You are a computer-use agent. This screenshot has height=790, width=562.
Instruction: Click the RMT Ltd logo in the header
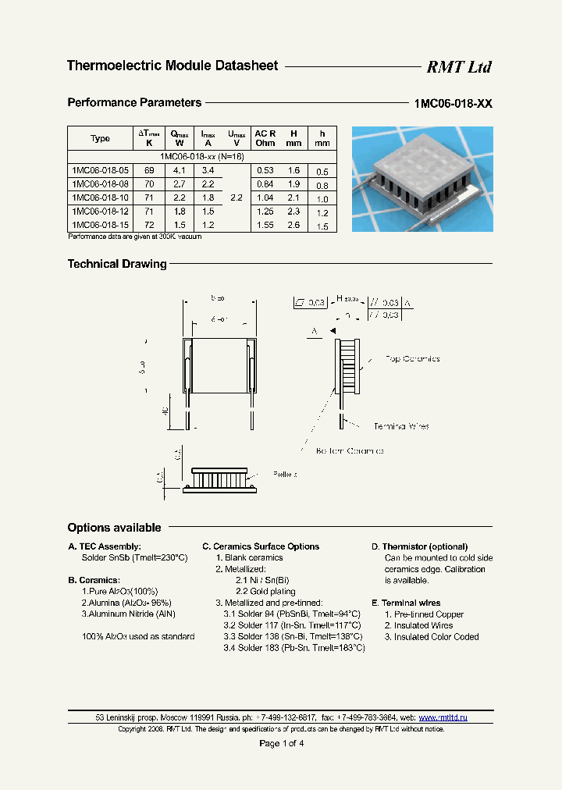click(x=458, y=67)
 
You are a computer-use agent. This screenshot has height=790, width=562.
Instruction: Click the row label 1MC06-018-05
click(x=100, y=170)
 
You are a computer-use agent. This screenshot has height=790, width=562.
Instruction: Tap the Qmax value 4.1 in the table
click(x=179, y=170)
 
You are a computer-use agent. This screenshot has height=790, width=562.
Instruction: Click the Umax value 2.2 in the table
click(x=237, y=198)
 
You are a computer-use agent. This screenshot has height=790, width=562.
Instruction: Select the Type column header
click(x=100, y=138)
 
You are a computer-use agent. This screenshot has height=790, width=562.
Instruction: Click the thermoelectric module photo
click(x=422, y=179)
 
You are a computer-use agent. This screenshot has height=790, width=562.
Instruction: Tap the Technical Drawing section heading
click(x=117, y=265)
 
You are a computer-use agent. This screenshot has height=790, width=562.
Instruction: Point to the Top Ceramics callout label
click(x=412, y=359)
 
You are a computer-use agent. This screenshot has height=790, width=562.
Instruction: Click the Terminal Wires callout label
click(x=401, y=426)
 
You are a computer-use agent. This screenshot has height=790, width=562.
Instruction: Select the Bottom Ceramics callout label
click(x=350, y=451)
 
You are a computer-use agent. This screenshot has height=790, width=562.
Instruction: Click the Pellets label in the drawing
click(x=285, y=474)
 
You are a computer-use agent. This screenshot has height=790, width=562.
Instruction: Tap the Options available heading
click(x=114, y=528)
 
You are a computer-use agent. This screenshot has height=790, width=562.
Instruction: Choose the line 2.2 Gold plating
click(x=265, y=592)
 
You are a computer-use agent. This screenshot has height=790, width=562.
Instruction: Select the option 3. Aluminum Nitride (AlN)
click(x=128, y=614)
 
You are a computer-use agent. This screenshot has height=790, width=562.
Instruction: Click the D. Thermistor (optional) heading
click(x=419, y=546)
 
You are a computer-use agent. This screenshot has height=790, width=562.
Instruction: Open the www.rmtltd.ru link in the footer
click(x=443, y=717)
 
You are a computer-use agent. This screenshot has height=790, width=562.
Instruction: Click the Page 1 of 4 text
click(x=281, y=743)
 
